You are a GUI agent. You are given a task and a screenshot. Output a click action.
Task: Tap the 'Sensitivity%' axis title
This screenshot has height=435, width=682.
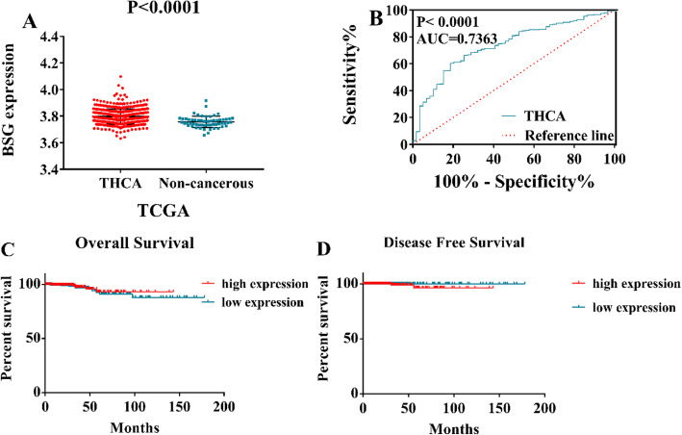tap(367, 73)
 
